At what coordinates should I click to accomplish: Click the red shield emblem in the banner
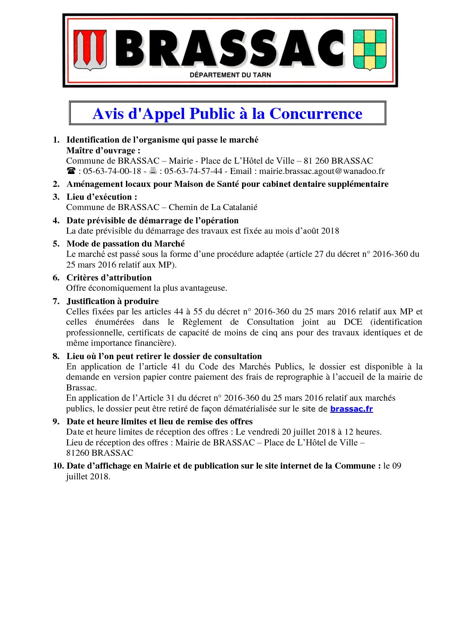coord(90,50)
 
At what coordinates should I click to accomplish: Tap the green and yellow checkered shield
coord(369,49)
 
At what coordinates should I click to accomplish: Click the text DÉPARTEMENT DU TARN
coord(230,75)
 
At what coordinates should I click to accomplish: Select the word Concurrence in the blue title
coord(316,114)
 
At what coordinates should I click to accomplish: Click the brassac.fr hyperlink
coord(351,409)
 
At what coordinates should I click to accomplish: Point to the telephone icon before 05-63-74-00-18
coord(71,171)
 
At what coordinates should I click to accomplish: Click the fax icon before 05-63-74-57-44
coord(153,171)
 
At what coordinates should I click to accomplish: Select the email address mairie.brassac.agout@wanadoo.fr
coord(322,171)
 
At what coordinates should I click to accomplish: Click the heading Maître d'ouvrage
coord(103,150)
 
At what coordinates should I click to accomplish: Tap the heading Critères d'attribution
coord(109,277)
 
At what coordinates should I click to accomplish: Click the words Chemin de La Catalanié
coord(213,207)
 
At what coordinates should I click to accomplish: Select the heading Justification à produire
coord(112,301)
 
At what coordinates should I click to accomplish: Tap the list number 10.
coord(58,466)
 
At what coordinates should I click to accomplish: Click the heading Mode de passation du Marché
coord(126,244)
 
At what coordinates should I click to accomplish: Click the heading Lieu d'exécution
coord(101,197)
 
